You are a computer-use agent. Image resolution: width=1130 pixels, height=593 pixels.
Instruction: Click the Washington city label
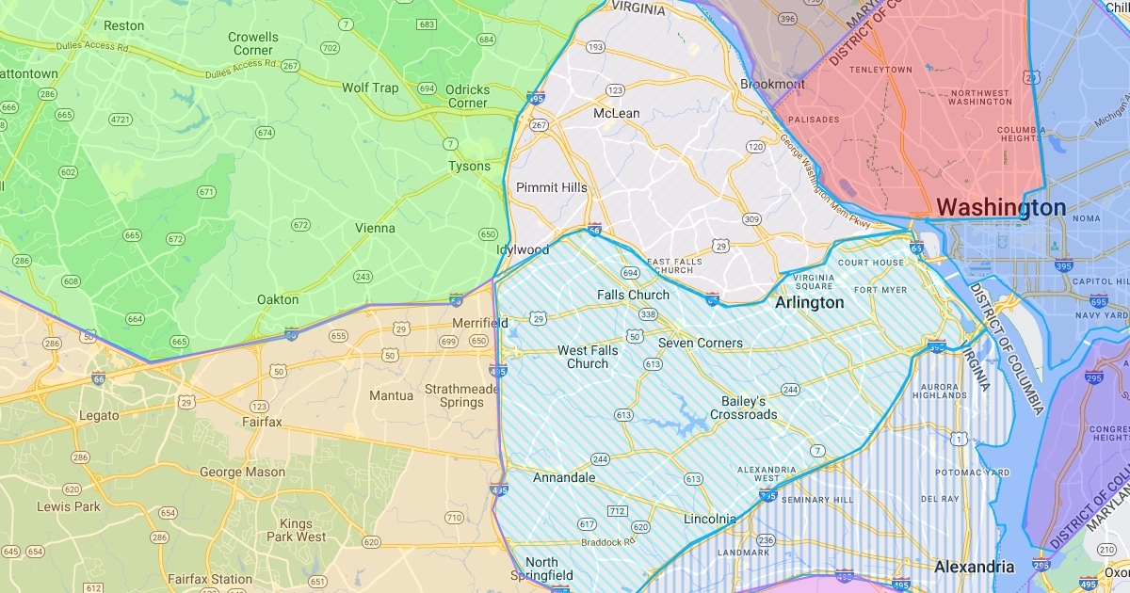[1001, 207]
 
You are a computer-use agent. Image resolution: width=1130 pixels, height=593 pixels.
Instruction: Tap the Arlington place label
[809, 303]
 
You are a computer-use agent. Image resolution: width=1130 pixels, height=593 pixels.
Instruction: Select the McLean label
[616, 113]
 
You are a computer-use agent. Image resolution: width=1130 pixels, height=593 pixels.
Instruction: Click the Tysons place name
[469, 167]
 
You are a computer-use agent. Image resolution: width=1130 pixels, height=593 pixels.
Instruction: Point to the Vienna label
[375, 228]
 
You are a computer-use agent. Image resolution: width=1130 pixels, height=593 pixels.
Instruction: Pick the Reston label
[123, 25]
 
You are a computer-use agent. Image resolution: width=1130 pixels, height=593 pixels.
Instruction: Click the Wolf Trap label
[370, 88]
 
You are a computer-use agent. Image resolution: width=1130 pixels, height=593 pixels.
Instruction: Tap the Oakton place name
[278, 299]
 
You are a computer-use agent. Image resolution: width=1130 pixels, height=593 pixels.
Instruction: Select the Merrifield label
[479, 323]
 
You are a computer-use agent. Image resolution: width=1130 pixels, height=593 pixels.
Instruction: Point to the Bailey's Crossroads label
[744, 408]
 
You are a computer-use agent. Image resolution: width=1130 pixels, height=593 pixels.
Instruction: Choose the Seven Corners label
[700, 343]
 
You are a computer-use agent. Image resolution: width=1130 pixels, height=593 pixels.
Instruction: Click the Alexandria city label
[974, 567]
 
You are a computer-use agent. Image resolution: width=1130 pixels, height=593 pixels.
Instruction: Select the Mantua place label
[391, 395]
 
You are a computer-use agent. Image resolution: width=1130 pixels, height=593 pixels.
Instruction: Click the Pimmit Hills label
[551, 187]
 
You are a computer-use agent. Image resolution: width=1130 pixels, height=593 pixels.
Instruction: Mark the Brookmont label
[772, 84]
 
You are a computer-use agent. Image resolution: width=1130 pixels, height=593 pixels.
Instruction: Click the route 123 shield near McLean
[615, 90]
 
